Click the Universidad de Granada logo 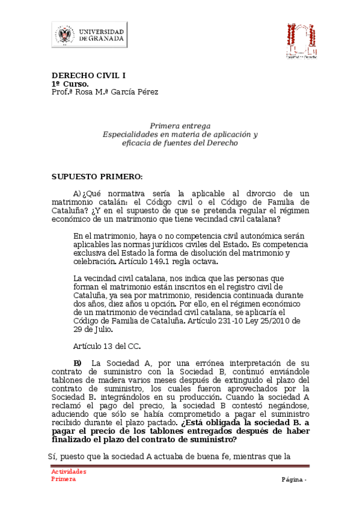coord(89,34)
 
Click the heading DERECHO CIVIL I coord(88,76)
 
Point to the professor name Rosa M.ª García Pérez coord(114,92)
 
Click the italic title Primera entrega coord(180,126)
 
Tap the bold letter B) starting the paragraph coord(78,363)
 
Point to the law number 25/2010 coord(272,321)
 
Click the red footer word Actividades coord(68,472)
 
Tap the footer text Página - coord(294,479)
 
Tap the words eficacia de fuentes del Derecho coord(180,143)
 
